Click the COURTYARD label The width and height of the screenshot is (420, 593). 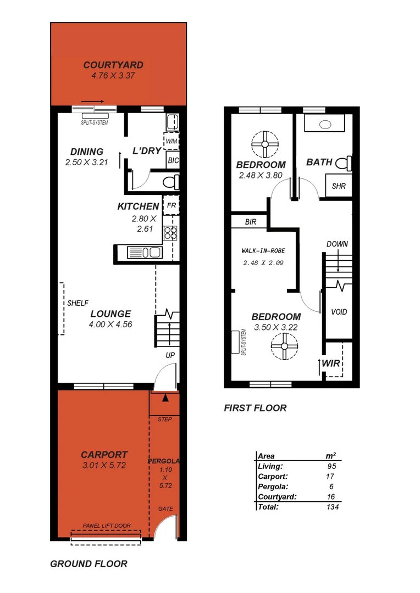[x=113, y=65]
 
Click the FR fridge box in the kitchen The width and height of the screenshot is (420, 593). [x=171, y=205]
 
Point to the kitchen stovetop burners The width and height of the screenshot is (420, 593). [x=170, y=233]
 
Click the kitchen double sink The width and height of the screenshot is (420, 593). [x=145, y=253]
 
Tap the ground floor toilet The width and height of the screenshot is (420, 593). [x=170, y=181]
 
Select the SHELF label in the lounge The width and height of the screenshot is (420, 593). [x=78, y=303]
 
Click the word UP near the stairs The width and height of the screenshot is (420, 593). [x=170, y=356]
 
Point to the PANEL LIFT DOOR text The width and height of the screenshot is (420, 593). [x=107, y=525]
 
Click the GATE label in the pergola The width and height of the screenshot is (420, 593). [x=165, y=508]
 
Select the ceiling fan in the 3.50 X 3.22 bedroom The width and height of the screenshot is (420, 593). [x=284, y=346]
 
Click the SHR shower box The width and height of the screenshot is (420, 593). [x=339, y=186]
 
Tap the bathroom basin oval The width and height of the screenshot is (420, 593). [x=325, y=125]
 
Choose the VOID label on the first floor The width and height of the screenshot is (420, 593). [x=339, y=312]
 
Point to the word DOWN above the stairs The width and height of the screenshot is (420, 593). [x=337, y=243]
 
